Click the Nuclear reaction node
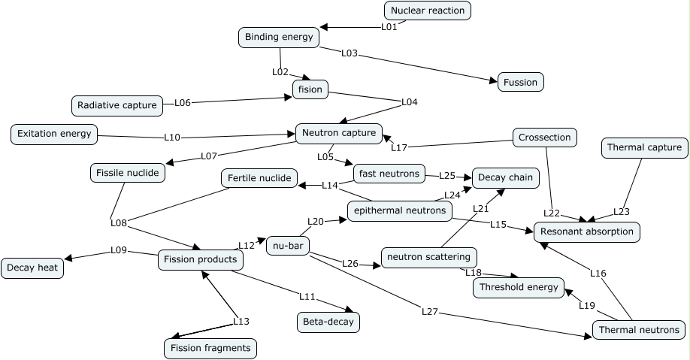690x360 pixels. pyautogui.click(x=428, y=11)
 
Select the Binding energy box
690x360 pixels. pyautogui.click(x=279, y=36)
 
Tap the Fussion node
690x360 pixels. pyautogui.click(x=520, y=81)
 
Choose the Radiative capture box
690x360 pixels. pyautogui.click(x=117, y=105)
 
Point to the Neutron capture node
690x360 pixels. pyautogui.click(x=339, y=134)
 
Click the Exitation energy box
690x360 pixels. pyautogui.click(x=56, y=135)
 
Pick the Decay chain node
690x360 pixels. pyautogui.click(x=506, y=178)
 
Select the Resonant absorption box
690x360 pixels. pyautogui.click(x=587, y=231)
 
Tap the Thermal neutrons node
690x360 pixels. pyautogui.click(x=639, y=330)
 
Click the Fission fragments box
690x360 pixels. pyautogui.click(x=210, y=349)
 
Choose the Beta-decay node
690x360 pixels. pyautogui.click(x=328, y=322)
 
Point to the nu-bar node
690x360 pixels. pyautogui.click(x=288, y=246)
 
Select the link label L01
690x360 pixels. pyautogui.click(x=389, y=26)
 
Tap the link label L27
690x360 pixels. pyautogui.click(x=429, y=310)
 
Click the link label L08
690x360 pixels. pyautogui.click(x=118, y=222)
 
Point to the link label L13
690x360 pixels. pyautogui.click(x=241, y=321)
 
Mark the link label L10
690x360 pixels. pyautogui.click(x=172, y=138)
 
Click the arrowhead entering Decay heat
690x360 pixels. pyautogui.click(x=68, y=259)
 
